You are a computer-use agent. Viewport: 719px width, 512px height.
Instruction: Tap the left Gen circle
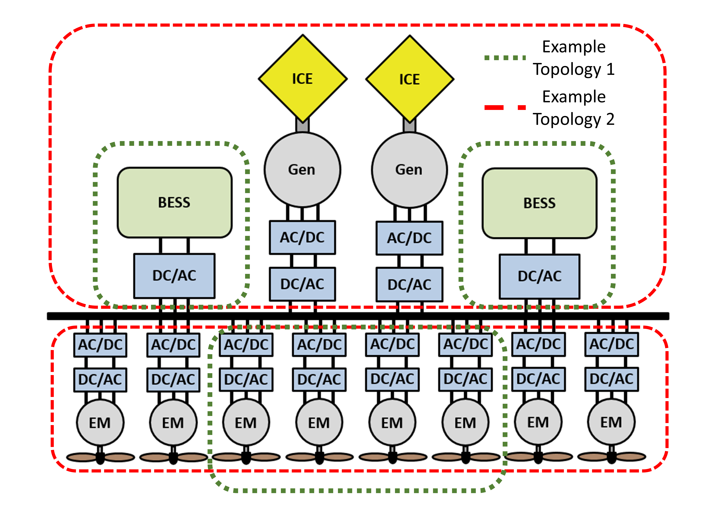(302, 170)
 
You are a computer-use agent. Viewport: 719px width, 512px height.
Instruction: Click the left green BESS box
(174, 202)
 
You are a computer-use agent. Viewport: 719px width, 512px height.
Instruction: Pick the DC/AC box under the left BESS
(174, 276)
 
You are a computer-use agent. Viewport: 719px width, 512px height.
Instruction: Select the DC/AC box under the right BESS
(539, 276)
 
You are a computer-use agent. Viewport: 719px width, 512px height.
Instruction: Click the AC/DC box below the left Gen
(302, 237)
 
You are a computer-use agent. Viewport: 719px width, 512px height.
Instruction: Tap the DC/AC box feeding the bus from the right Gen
(409, 284)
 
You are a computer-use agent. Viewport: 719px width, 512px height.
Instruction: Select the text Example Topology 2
(574, 108)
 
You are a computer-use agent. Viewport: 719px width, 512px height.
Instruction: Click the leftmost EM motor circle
(100, 422)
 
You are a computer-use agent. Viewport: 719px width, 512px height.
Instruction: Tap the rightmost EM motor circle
(611, 422)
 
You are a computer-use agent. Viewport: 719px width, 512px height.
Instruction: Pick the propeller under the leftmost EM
(100, 457)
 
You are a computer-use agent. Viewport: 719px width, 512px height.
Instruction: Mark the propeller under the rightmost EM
(611, 456)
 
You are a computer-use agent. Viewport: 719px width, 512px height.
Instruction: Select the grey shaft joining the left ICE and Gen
(302, 125)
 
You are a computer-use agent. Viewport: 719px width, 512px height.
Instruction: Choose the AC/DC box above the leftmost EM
(100, 345)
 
